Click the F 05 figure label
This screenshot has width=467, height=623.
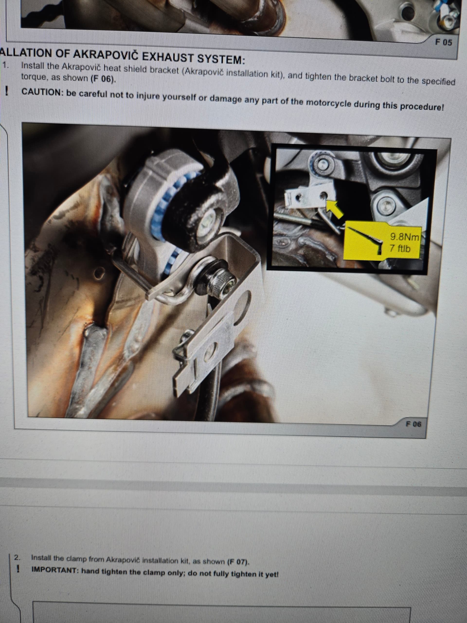click(443, 42)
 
